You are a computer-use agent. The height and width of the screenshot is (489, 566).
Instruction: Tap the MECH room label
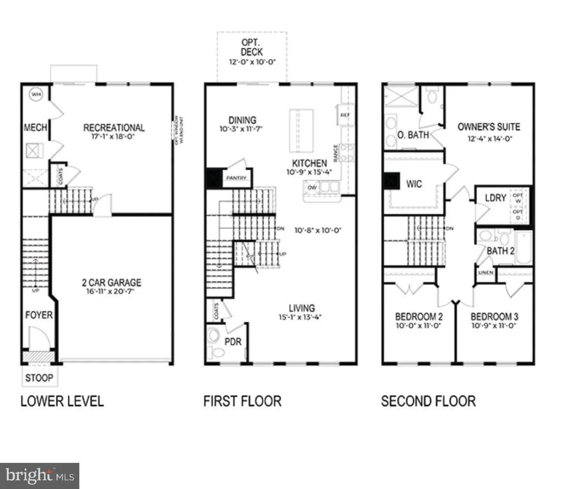36,128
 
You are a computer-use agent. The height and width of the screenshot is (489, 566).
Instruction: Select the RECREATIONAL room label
114,128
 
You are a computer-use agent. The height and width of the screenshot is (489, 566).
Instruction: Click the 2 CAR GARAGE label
111,283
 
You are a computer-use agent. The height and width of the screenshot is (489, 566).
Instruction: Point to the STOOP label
39,378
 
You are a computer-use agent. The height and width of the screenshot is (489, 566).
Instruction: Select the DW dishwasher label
312,187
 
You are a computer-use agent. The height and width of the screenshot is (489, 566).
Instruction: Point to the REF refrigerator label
345,115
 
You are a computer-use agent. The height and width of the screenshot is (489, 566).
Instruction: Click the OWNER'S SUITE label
489,127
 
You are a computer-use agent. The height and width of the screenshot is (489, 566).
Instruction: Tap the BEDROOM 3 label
494,317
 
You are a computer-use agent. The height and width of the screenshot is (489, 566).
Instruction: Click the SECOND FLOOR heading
428,401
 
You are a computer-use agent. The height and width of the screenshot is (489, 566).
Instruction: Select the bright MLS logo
39,475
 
